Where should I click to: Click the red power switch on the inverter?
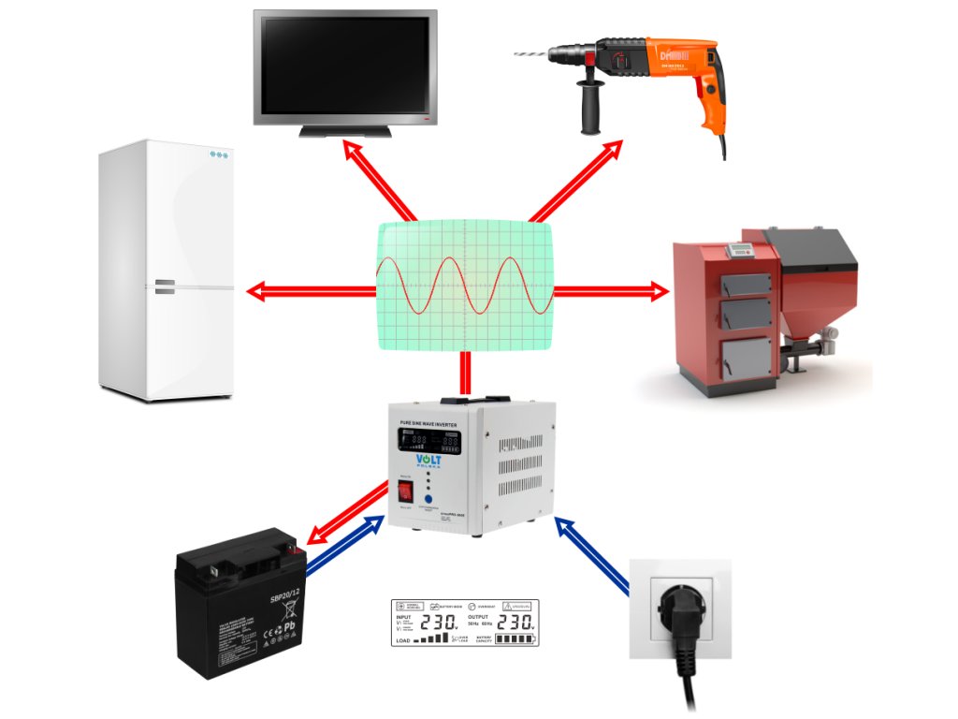406,492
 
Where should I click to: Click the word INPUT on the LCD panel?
403,618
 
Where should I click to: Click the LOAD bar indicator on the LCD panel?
432,639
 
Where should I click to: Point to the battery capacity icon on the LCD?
515,639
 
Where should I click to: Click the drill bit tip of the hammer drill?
517,55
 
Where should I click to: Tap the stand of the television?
344,131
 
